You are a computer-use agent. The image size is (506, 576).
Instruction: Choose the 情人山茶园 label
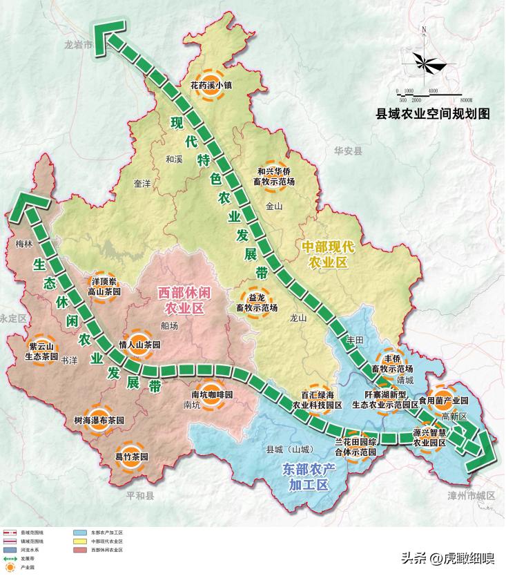[139, 344]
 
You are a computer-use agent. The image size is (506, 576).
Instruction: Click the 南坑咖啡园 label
[212, 394]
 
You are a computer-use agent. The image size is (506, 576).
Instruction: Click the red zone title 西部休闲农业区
[183, 299]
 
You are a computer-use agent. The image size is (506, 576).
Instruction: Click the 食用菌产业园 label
[443, 400]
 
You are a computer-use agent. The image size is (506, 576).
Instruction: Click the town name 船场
[168, 325]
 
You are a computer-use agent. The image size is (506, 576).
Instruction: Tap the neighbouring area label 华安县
[348, 150]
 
